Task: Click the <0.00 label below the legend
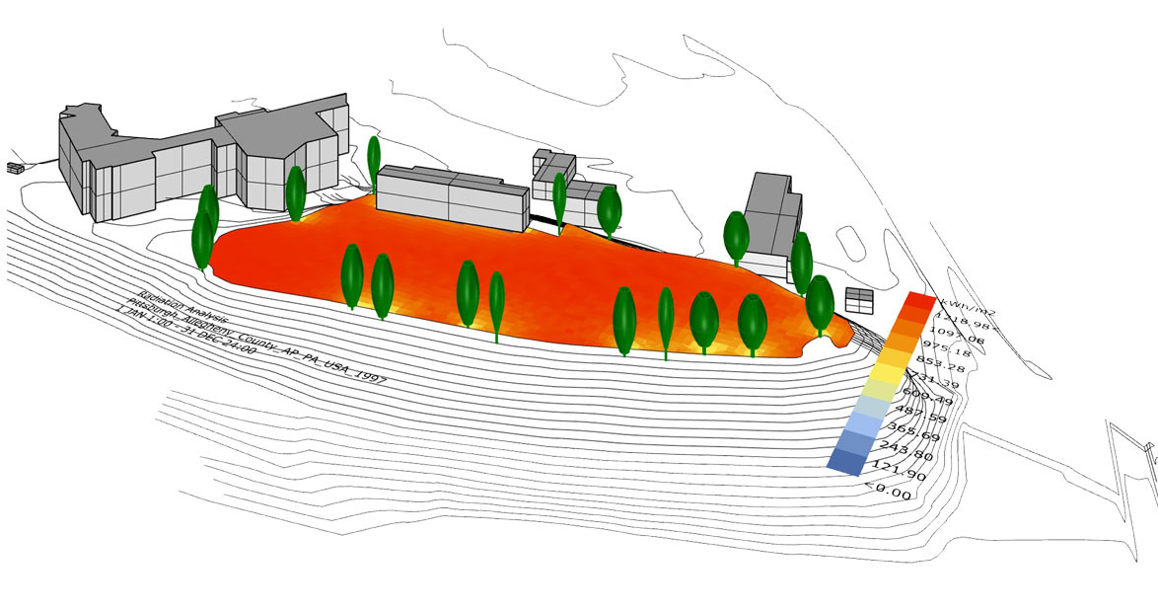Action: pyautogui.click(x=887, y=488)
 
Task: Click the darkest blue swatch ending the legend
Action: pyautogui.click(x=848, y=459)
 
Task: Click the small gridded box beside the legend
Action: pyautogui.click(x=860, y=300)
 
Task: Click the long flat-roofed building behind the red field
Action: pyautogui.click(x=449, y=196)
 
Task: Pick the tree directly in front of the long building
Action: pyautogui.click(x=374, y=159)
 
